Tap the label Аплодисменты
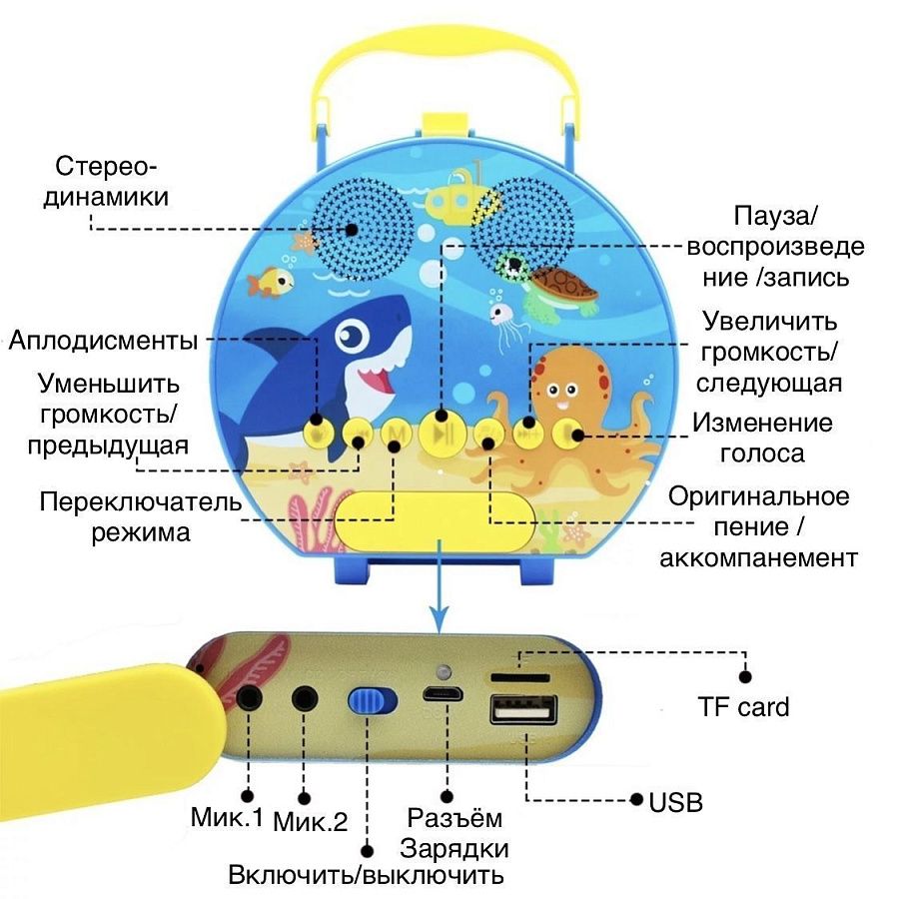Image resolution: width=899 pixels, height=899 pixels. click(103, 340)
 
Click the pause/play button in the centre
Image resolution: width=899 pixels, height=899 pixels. click(440, 434)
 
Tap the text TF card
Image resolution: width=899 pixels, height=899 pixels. click(743, 707)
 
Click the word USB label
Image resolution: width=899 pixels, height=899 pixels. click(676, 801)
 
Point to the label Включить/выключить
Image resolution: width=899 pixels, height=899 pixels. click(366, 876)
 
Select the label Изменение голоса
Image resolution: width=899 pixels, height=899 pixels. click(763, 438)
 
